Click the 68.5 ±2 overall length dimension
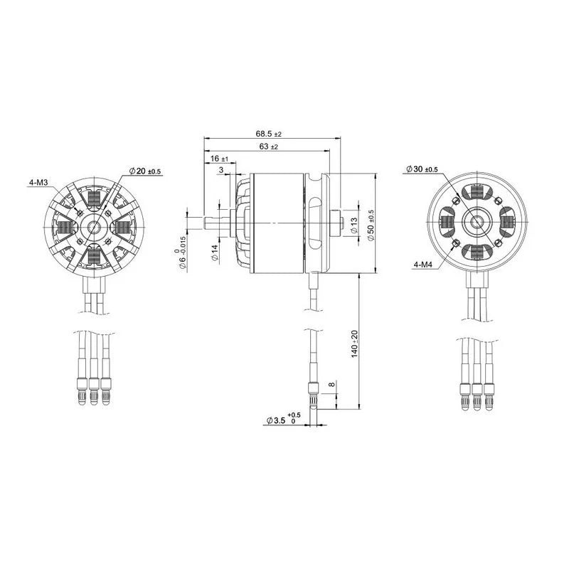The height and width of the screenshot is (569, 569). point(269,134)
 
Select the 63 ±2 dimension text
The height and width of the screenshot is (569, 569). point(269,147)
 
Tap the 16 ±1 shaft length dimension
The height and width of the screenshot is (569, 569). point(220,159)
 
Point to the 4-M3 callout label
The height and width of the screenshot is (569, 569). point(38,183)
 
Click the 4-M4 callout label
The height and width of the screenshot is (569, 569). point(422,265)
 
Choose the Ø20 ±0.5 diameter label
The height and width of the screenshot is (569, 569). point(145,171)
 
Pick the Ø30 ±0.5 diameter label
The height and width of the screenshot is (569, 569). point(422,169)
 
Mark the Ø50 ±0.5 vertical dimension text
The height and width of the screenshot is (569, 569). point(371,225)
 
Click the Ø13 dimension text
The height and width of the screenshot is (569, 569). point(353,225)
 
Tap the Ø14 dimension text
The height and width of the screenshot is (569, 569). point(215,253)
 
